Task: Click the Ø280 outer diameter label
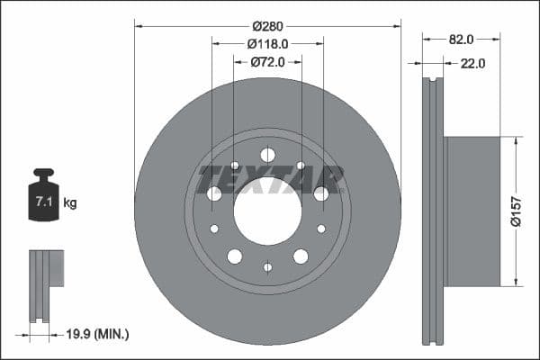coord(267,25)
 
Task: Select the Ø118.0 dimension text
coord(267,43)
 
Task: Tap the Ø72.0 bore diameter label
coord(267,61)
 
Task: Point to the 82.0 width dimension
coord(460,40)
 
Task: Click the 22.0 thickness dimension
coord(472,63)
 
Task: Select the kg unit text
coord(70,203)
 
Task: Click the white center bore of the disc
coord(267,211)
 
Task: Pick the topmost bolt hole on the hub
coord(267,154)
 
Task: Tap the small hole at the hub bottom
coord(267,266)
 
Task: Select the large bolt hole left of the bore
coord(214,193)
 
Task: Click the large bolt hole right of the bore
coord(321,193)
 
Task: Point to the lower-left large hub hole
coord(235,256)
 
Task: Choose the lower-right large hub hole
coord(301,256)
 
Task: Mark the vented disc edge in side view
coord(434,211)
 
